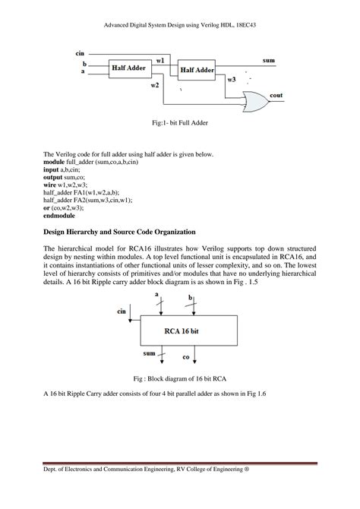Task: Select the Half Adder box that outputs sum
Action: (x=197, y=70)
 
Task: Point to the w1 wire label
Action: (x=161, y=59)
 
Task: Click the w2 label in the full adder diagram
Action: (x=155, y=85)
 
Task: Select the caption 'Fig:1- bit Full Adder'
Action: (x=179, y=122)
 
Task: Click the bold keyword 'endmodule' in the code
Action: (x=59, y=215)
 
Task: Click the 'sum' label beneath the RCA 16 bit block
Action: (x=150, y=353)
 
